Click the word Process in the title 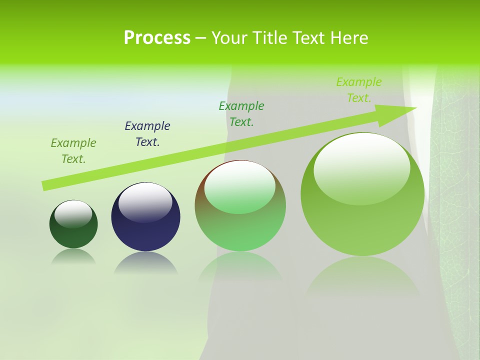tap(157, 38)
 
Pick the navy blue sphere tap(145, 230)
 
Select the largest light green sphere tap(362, 220)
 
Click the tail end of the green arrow tap(46, 185)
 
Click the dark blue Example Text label tap(147, 134)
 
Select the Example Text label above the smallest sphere tap(73, 151)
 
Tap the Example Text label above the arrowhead tap(359, 90)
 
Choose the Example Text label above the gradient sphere tap(241, 114)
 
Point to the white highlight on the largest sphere tap(362, 167)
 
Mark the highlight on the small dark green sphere tap(73, 213)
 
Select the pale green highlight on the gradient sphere tap(240, 187)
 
